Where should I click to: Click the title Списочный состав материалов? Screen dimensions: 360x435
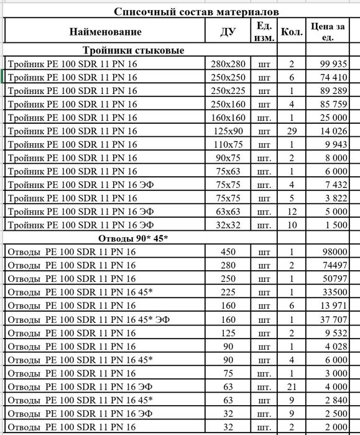click(x=196, y=11)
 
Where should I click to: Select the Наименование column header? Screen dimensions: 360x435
click(x=105, y=32)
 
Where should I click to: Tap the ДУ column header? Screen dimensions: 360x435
click(x=228, y=32)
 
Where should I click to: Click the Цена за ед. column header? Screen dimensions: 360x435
click(x=328, y=32)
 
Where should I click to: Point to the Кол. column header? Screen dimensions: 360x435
click(x=292, y=32)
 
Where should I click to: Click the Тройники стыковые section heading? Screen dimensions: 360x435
click(x=133, y=50)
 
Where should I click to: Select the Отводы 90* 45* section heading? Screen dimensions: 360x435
click(x=133, y=238)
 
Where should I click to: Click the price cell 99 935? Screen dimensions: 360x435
click(x=332, y=64)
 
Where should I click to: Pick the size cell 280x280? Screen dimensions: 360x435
click(x=228, y=64)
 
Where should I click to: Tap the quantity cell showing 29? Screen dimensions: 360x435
click(x=292, y=131)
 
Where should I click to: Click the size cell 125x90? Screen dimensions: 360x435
click(x=228, y=131)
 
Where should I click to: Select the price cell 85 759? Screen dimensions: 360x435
click(x=332, y=105)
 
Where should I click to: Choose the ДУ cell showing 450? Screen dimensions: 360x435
click(x=228, y=252)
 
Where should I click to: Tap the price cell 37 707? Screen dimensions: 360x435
click(x=332, y=319)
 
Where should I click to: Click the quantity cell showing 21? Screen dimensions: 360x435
click(x=292, y=386)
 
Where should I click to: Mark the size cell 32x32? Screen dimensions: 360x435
click(x=228, y=225)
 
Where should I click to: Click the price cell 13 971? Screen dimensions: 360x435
click(x=332, y=306)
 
